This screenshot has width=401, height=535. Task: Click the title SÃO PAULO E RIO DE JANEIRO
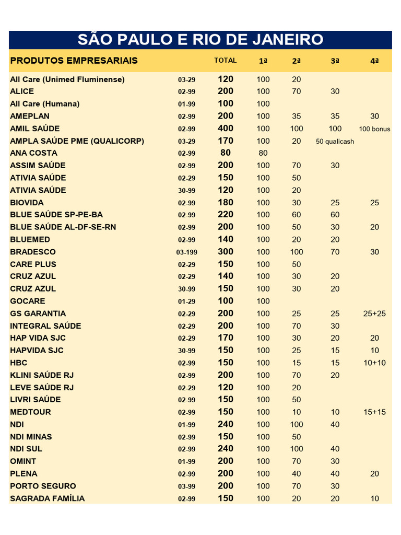(x=200, y=39)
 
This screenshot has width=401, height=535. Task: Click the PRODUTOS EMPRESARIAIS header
(x=74, y=61)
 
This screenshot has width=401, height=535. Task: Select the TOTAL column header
(x=225, y=61)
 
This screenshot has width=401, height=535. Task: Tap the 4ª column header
(x=374, y=61)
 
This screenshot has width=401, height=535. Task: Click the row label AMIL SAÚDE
(x=35, y=129)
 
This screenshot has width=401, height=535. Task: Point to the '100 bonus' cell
(x=374, y=129)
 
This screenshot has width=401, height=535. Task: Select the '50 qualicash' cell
(x=335, y=141)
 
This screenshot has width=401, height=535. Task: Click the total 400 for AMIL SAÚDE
(x=226, y=129)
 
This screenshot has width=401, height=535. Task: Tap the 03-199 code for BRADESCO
(x=186, y=252)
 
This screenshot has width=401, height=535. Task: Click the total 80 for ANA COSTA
(x=226, y=153)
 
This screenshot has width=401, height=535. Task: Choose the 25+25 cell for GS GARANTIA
(x=374, y=313)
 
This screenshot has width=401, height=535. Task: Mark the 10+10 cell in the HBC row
(x=374, y=363)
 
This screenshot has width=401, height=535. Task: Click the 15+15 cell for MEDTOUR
(x=374, y=412)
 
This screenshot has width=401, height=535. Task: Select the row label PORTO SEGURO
(x=43, y=486)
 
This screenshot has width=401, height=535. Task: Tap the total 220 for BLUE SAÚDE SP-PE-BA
(x=226, y=215)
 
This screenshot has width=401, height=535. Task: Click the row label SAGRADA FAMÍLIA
(x=47, y=498)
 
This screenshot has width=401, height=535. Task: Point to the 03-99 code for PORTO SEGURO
(x=186, y=486)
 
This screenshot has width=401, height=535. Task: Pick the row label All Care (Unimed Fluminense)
(x=67, y=79)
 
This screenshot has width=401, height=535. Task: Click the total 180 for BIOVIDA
(x=226, y=203)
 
